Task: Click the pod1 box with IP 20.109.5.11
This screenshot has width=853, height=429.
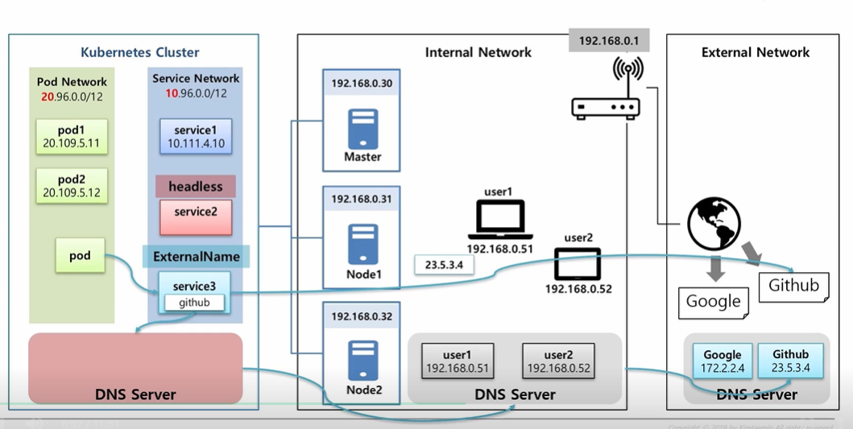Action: point(72,137)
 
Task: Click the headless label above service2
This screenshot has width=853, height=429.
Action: point(196,187)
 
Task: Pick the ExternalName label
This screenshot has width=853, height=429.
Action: point(197,257)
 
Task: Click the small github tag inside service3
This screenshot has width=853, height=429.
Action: point(194,303)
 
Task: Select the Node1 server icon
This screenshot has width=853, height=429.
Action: point(362,243)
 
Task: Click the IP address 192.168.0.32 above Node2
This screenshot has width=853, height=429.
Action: point(362,317)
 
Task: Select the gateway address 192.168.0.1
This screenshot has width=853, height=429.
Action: point(610,40)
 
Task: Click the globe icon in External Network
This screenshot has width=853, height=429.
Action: point(714,223)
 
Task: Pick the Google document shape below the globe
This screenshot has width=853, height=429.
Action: point(713,302)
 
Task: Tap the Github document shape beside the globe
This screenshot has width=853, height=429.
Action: point(793,286)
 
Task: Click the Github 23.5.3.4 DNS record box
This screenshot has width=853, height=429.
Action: point(790,361)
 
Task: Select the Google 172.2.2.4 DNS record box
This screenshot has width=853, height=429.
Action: point(722,361)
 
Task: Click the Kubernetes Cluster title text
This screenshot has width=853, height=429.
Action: point(140,53)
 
